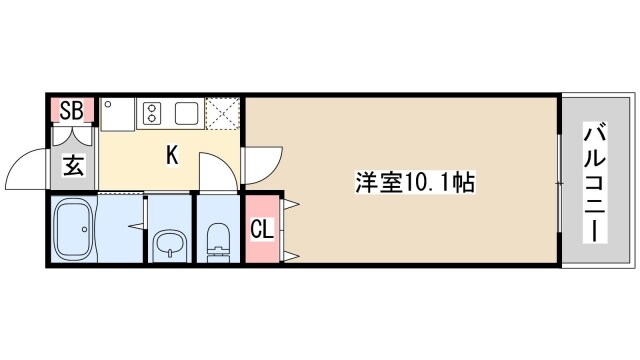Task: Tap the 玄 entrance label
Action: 73,165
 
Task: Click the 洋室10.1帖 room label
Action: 414,184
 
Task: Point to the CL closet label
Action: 260,230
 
